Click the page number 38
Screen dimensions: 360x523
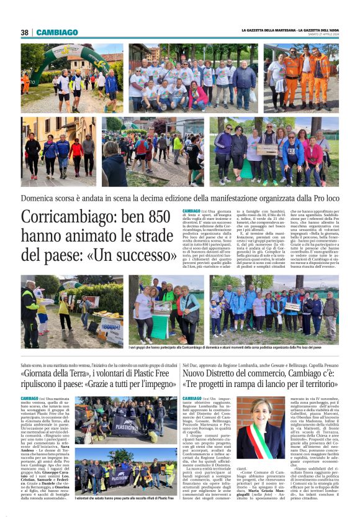[x=25, y=32]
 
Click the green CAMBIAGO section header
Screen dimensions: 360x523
[x=57, y=32]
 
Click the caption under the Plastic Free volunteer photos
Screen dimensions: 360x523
[x=124, y=498]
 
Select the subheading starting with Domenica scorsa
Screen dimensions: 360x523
[x=180, y=201]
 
